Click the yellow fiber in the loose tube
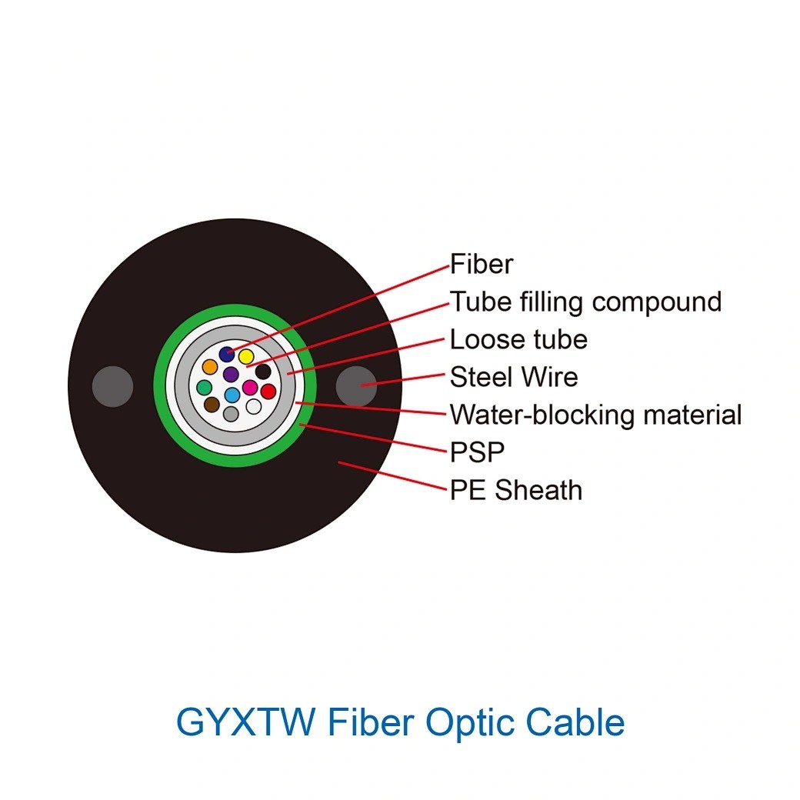click(246, 356)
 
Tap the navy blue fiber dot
click(226, 354)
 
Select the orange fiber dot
click(210, 366)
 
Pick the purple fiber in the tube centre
click(231, 375)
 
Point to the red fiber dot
click(268, 392)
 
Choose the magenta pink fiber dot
click(249, 387)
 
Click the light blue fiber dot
click(232, 395)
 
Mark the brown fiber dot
click(212, 405)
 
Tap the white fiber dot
click(254, 407)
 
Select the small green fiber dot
click(204, 387)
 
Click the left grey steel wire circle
click(113, 386)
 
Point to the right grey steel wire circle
click(357, 386)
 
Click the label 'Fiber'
click(481, 265)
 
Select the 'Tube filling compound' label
click(585, 302)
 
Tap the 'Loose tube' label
click(518, 339)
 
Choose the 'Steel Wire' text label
click(514, 377)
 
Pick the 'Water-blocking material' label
click(595, 415)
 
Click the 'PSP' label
click(477, 452)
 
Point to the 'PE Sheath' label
click(516, 490)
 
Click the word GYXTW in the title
click(246, 722)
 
